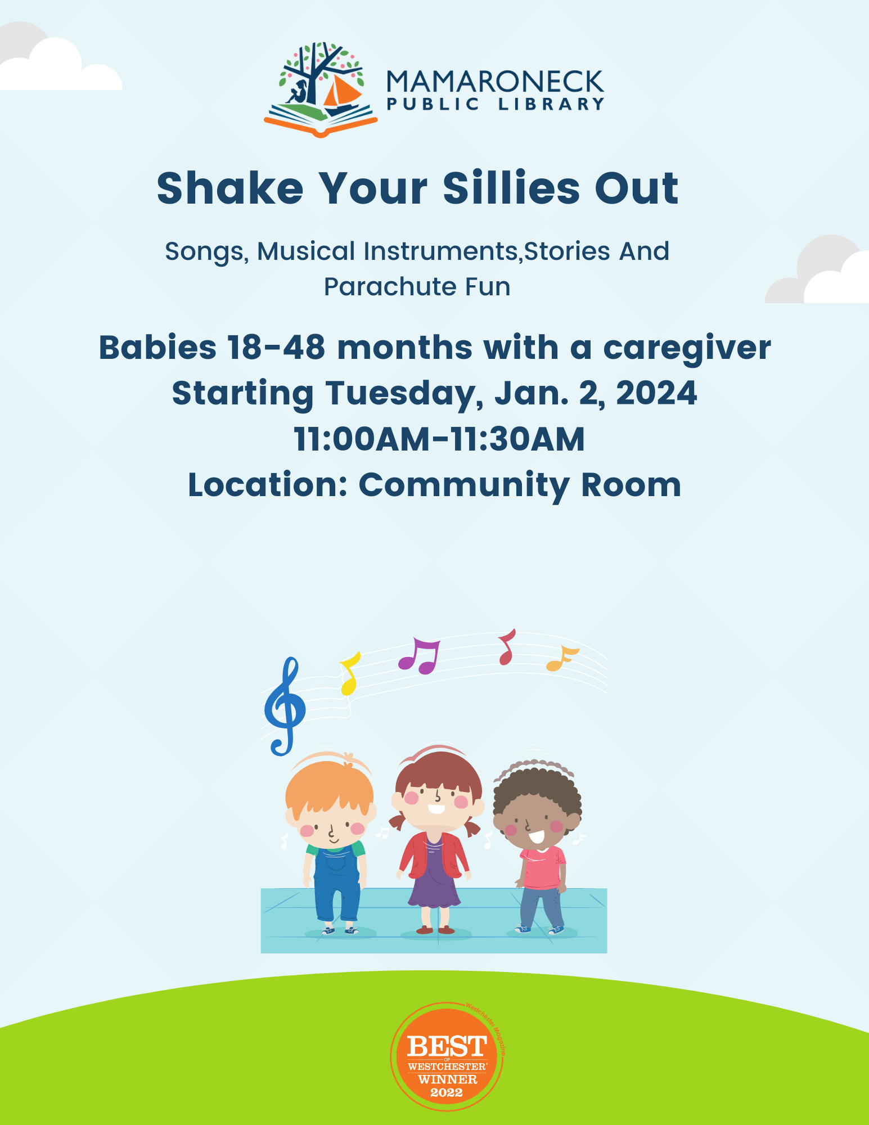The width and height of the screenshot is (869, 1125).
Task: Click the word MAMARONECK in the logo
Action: (x=495, y=82)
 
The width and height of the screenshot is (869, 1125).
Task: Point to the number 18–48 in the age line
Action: (x=276, y=348)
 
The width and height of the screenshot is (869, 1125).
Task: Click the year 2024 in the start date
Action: (x=656, y=393)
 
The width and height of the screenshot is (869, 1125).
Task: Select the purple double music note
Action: (x=418, y=656)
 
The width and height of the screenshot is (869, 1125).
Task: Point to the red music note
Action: (x=507, y=647)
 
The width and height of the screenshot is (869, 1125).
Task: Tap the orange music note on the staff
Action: (x=561, y=658)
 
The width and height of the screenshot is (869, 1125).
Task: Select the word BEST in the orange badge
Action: (x=447, y=1047)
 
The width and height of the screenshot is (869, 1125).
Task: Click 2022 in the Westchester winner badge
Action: (x=447, y=1093)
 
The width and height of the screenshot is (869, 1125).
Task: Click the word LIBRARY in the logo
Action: (x=551, y=104)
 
